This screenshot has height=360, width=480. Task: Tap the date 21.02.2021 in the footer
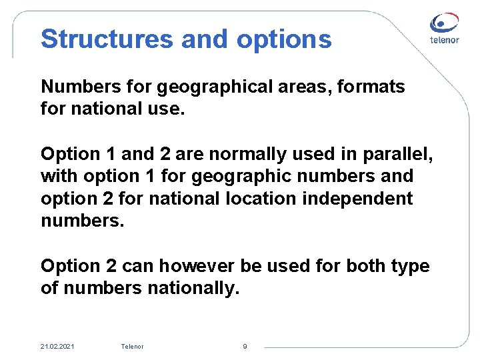(x=57, y=346)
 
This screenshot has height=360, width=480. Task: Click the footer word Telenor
(x=132, y=346)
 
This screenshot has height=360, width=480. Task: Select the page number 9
(x=245, y=346)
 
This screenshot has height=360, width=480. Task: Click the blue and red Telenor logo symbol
(x=444, y=24)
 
